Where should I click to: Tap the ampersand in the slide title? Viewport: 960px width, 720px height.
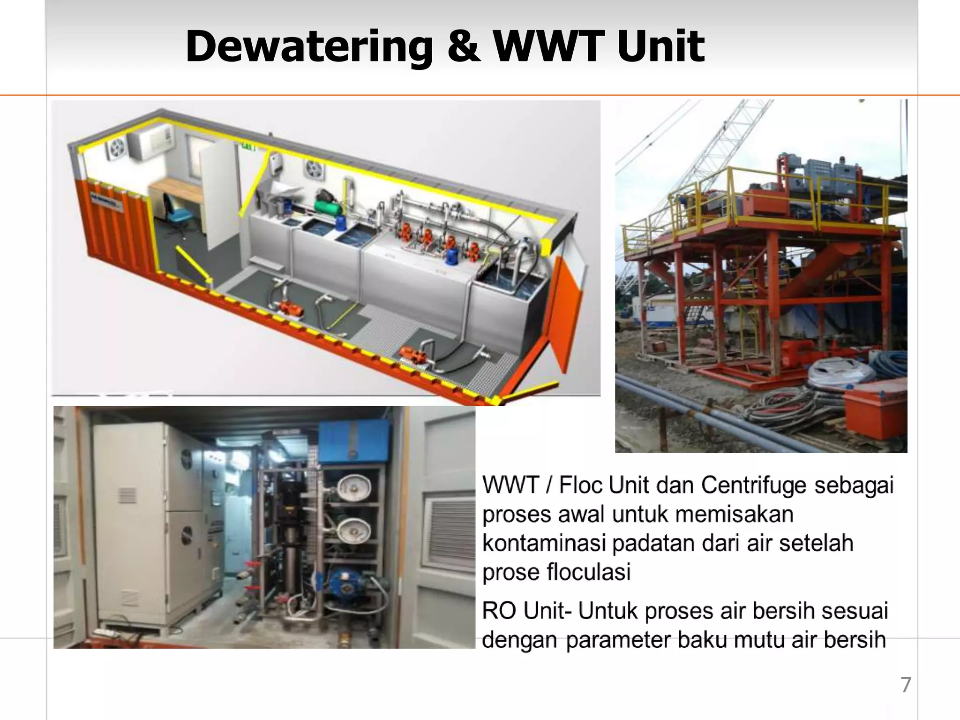click(x=464, y=46)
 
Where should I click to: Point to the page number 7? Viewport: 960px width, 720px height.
click(x=906, y=685)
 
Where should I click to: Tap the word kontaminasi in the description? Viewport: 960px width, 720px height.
click(x=543, y=544)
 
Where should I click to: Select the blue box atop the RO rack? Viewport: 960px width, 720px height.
click(x=354, y=441)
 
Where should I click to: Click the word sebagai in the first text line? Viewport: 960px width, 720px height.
click(x=854, y=485)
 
